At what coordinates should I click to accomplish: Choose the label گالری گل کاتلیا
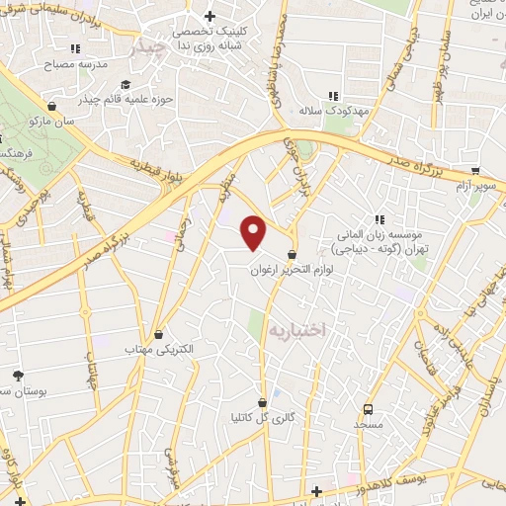(261, 419)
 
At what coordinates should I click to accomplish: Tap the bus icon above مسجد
(369, 408)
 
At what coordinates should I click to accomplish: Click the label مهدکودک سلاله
(334, 112)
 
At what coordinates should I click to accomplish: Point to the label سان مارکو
(51, 120)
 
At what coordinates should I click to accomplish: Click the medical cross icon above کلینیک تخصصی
(210, 16)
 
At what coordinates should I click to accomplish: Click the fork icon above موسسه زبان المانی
(378, 219)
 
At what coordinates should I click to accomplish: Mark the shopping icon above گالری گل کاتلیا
(262, 403)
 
